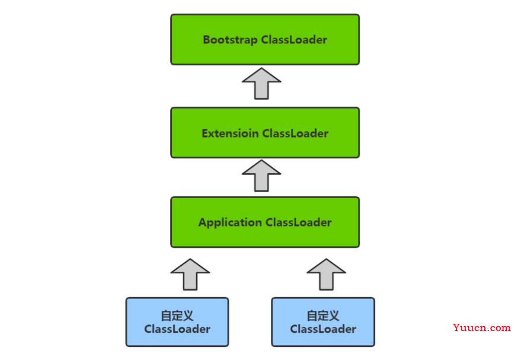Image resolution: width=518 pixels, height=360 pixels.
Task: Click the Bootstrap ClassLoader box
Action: [x=265, y=39]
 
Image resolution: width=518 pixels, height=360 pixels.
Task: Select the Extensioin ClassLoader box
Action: [x=265, y=133]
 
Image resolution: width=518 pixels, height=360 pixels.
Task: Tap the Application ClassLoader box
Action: [x=265, y=222]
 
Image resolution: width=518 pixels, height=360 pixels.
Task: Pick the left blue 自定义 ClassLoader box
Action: [x=177, y=322]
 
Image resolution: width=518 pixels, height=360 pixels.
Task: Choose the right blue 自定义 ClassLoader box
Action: [x=323, y=322]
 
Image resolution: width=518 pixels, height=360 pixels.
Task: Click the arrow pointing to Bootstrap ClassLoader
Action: [x=261, y=83]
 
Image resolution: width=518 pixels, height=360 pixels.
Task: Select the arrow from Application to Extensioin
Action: [x=261, y=176]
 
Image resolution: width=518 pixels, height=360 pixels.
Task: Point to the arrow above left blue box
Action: [x=190, y=275]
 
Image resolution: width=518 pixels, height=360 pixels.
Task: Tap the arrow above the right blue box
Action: [x=327, y=275]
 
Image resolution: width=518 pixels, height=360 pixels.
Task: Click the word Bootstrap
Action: [x=231, y=40]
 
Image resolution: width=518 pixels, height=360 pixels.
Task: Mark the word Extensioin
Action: [x=231, y=133]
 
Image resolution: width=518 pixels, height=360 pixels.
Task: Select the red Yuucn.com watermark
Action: [x=482, y=327]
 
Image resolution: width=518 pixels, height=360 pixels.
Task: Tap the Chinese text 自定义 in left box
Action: [x=177, y=316]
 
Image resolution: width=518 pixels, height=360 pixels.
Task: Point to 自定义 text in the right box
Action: [x=323, y=316]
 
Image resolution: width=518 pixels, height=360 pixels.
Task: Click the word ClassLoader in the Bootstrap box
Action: [x=294, y=40]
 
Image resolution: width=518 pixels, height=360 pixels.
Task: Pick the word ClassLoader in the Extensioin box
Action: [x=295, y=133]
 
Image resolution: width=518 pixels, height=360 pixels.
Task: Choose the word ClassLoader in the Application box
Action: [x=299, y=222]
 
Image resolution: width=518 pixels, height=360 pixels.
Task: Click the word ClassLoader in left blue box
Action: [x=177, y=329]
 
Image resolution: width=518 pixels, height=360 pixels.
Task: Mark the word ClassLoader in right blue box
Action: [x=323, y=329]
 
